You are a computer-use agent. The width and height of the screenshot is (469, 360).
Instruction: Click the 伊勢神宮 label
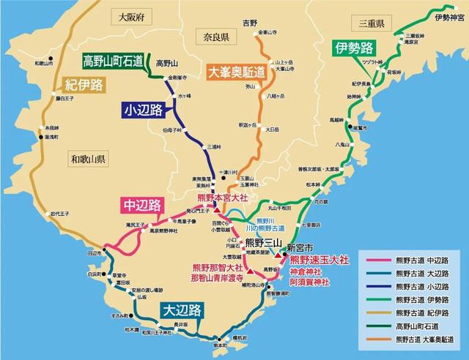point(444,17)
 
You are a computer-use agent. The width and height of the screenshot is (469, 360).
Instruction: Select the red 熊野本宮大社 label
point(226,198)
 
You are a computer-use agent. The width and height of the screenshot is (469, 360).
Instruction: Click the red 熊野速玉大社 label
point(319,260)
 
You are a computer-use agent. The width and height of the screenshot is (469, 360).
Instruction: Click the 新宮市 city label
point(300,247)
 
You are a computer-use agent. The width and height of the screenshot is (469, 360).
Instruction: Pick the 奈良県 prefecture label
point(215,34)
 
